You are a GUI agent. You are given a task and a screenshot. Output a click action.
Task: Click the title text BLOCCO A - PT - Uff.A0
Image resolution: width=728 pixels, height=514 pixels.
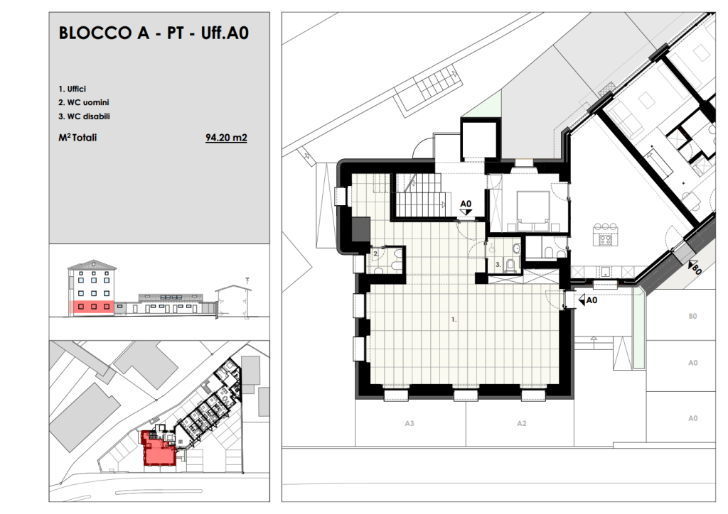click(154, 33)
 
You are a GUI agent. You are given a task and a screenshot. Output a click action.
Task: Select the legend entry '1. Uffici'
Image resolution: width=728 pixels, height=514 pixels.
click(72, 89)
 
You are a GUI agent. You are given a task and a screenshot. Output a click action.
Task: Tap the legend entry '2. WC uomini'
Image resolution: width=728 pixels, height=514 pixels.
click(84, 102)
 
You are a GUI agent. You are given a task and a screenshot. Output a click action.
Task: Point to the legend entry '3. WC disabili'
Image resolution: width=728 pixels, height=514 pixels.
click(84, 116)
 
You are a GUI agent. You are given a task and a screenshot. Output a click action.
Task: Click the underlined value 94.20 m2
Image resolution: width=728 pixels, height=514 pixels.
click(226, 138)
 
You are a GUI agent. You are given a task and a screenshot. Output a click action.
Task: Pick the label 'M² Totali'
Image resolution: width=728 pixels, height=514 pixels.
click(77, 138)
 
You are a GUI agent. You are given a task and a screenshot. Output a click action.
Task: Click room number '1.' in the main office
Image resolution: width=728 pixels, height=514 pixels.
click(454, 319)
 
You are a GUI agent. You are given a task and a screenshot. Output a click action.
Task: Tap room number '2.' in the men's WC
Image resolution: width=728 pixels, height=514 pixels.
click(375, 254)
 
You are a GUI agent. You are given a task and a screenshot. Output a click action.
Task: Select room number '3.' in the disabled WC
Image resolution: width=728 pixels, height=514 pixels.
click(498, 265)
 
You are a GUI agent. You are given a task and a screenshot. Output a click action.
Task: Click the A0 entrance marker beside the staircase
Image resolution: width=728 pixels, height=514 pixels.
click(466, 207)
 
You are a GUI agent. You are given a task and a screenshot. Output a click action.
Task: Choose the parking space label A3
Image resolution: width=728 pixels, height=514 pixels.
click(409, 423)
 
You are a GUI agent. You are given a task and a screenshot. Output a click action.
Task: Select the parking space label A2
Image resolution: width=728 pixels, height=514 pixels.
click(521, 423)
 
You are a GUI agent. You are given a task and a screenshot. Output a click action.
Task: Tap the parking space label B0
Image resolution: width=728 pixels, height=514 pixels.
click(692, 317)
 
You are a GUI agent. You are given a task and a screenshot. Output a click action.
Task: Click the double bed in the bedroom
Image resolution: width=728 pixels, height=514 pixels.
click(533, 211)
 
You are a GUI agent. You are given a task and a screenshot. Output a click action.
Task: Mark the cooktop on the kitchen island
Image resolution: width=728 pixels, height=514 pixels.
click(606, 240)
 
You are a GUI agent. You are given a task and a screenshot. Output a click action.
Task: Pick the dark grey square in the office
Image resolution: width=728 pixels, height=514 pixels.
click(360, 229)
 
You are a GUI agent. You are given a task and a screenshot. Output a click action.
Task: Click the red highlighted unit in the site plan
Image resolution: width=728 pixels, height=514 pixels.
click(158, 448)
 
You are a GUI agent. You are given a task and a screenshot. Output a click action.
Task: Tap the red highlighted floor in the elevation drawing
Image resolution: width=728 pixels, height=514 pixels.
click(92, 307)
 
